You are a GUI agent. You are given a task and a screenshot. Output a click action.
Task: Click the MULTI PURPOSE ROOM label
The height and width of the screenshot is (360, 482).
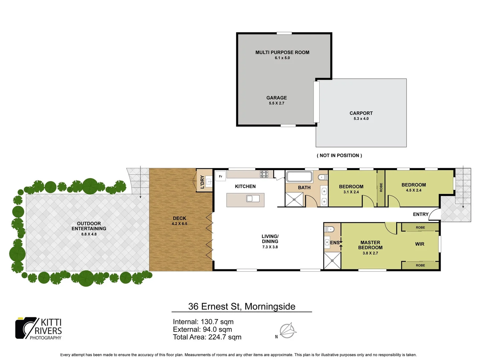pos(282,52)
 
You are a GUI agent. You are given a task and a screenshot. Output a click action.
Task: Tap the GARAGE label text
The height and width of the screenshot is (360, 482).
pos(277,98)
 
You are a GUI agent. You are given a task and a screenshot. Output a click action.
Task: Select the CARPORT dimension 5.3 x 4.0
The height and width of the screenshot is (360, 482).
pos(361,119)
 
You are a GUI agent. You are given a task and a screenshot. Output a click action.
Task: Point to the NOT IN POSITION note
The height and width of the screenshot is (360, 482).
pos(339,155)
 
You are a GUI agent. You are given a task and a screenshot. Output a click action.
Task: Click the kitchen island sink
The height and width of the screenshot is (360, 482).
pos(253,199)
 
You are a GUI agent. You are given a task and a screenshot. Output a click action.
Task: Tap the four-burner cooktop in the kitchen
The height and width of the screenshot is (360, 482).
pos(264,174)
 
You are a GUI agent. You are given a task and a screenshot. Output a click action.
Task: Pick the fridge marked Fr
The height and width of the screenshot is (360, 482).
pos(220,176)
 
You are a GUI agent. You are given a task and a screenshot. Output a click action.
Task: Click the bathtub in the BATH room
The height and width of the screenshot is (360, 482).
pos(299,176)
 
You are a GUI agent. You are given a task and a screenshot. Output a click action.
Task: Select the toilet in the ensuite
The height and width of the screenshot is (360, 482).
pos(330,229)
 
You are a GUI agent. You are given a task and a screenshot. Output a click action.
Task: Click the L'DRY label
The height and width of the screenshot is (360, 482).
pos(202,182)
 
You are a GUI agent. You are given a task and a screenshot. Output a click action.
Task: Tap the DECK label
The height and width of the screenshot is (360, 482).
pos(179,218)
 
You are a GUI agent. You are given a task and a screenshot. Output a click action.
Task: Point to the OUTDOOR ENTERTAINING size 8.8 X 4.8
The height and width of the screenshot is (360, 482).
pos(89,234)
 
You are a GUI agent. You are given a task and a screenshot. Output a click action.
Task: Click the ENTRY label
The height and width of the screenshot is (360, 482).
pos(421,214)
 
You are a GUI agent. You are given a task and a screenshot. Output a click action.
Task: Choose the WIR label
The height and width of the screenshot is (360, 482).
pos(420,244)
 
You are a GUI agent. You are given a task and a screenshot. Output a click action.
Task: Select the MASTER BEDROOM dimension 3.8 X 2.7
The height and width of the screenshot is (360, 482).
pos(370,253)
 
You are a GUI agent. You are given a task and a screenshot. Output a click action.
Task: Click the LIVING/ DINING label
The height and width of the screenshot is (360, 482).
pos(270,239)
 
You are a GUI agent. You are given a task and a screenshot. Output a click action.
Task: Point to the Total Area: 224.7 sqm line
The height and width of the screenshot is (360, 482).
pos(207,337)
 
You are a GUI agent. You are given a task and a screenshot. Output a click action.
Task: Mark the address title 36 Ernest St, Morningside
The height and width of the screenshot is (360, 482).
pos(242,306)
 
